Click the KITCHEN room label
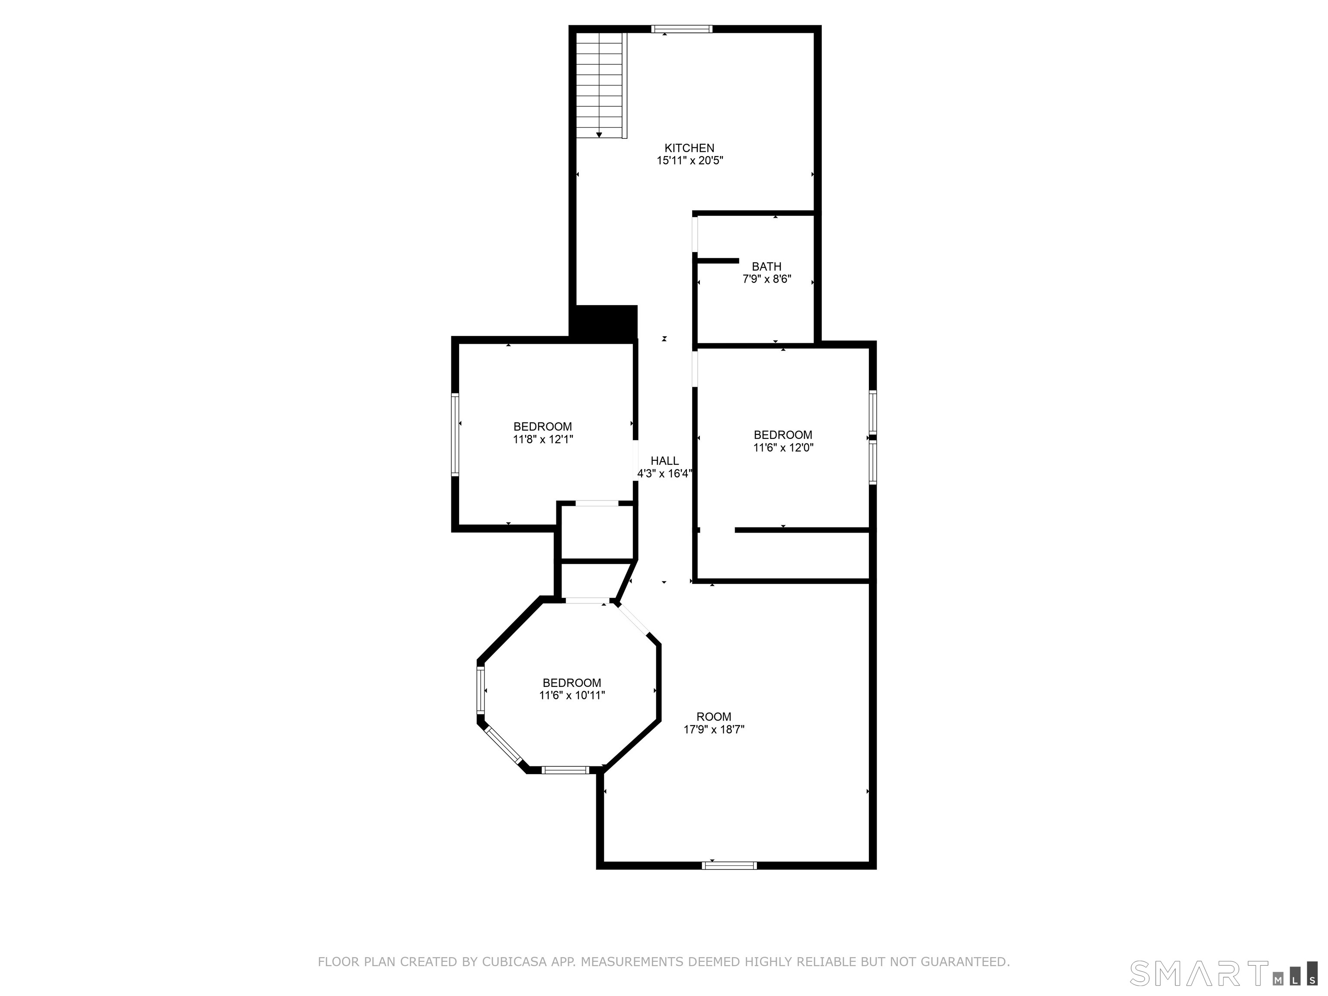689,148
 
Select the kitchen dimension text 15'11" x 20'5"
689,161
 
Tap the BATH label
766,267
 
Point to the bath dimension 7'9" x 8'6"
766,279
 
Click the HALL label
664,460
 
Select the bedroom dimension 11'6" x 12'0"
783,447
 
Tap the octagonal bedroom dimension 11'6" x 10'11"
571,695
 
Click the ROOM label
714,716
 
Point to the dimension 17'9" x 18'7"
714,729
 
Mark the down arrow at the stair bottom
599,135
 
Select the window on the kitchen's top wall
681,29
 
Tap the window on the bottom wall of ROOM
729,865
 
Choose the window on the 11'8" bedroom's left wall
455,434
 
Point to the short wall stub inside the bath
718,261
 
